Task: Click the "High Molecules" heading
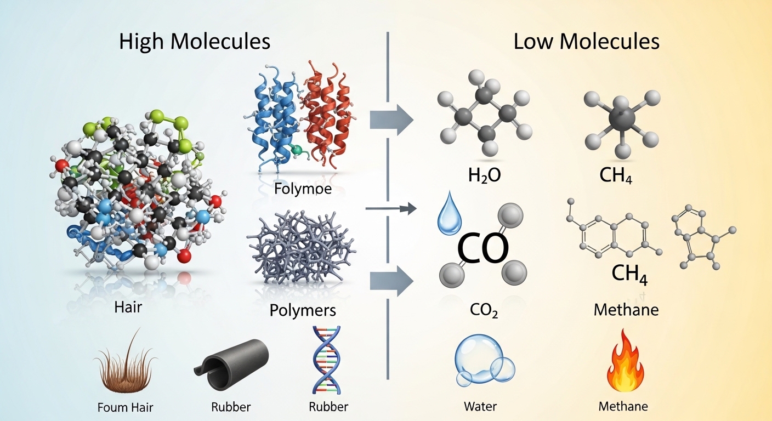click(x=195, y=42)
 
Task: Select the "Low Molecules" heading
click(x=586, y=42)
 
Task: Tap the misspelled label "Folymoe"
click(x=303, y=190)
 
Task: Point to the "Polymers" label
click(x=302, y=310)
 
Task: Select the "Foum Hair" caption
click(x=125, y=407)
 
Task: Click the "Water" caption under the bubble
click(x=480, y=406)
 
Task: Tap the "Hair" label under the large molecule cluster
click(x=128, y=307)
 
